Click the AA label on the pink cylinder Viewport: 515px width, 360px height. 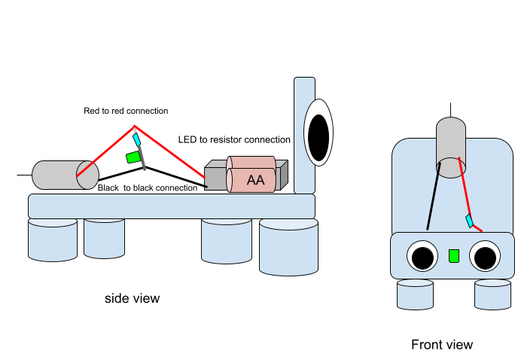pyautogui.click(x=255, y=180)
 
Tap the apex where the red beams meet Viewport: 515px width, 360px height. pyautogui.click(x=135, y=126)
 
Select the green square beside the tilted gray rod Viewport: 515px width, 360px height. pyautogui.click(x=133, y=157)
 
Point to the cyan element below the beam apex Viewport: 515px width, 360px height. pyautogui.click(x=136, y=139)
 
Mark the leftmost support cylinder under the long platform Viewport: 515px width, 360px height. pyautogui.click(x=53, y=239)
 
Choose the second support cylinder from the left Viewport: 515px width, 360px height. pyautogui.click(x=104, y=237)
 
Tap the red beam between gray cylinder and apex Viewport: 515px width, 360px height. pyautogui.click(x=105, y=151)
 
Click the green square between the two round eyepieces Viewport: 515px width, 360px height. pyautogui.click(x=454, y=255)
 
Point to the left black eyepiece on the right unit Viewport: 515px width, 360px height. pyautogui.click(x=422, y=257)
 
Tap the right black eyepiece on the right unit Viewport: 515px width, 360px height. pyautogui.click(x=485, y=257)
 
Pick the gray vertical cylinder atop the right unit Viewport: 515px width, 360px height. pyautogui.click(x=451, y=145)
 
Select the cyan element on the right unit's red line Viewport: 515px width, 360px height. pyautogui.click(x=470, y=221)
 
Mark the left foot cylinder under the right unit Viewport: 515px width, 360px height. pyautogui.click(x=415, y=294)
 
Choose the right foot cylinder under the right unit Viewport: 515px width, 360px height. pyautogui.click(x=492, y=294)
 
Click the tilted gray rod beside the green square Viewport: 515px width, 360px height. pyautogui.click(x=142, y=160)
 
